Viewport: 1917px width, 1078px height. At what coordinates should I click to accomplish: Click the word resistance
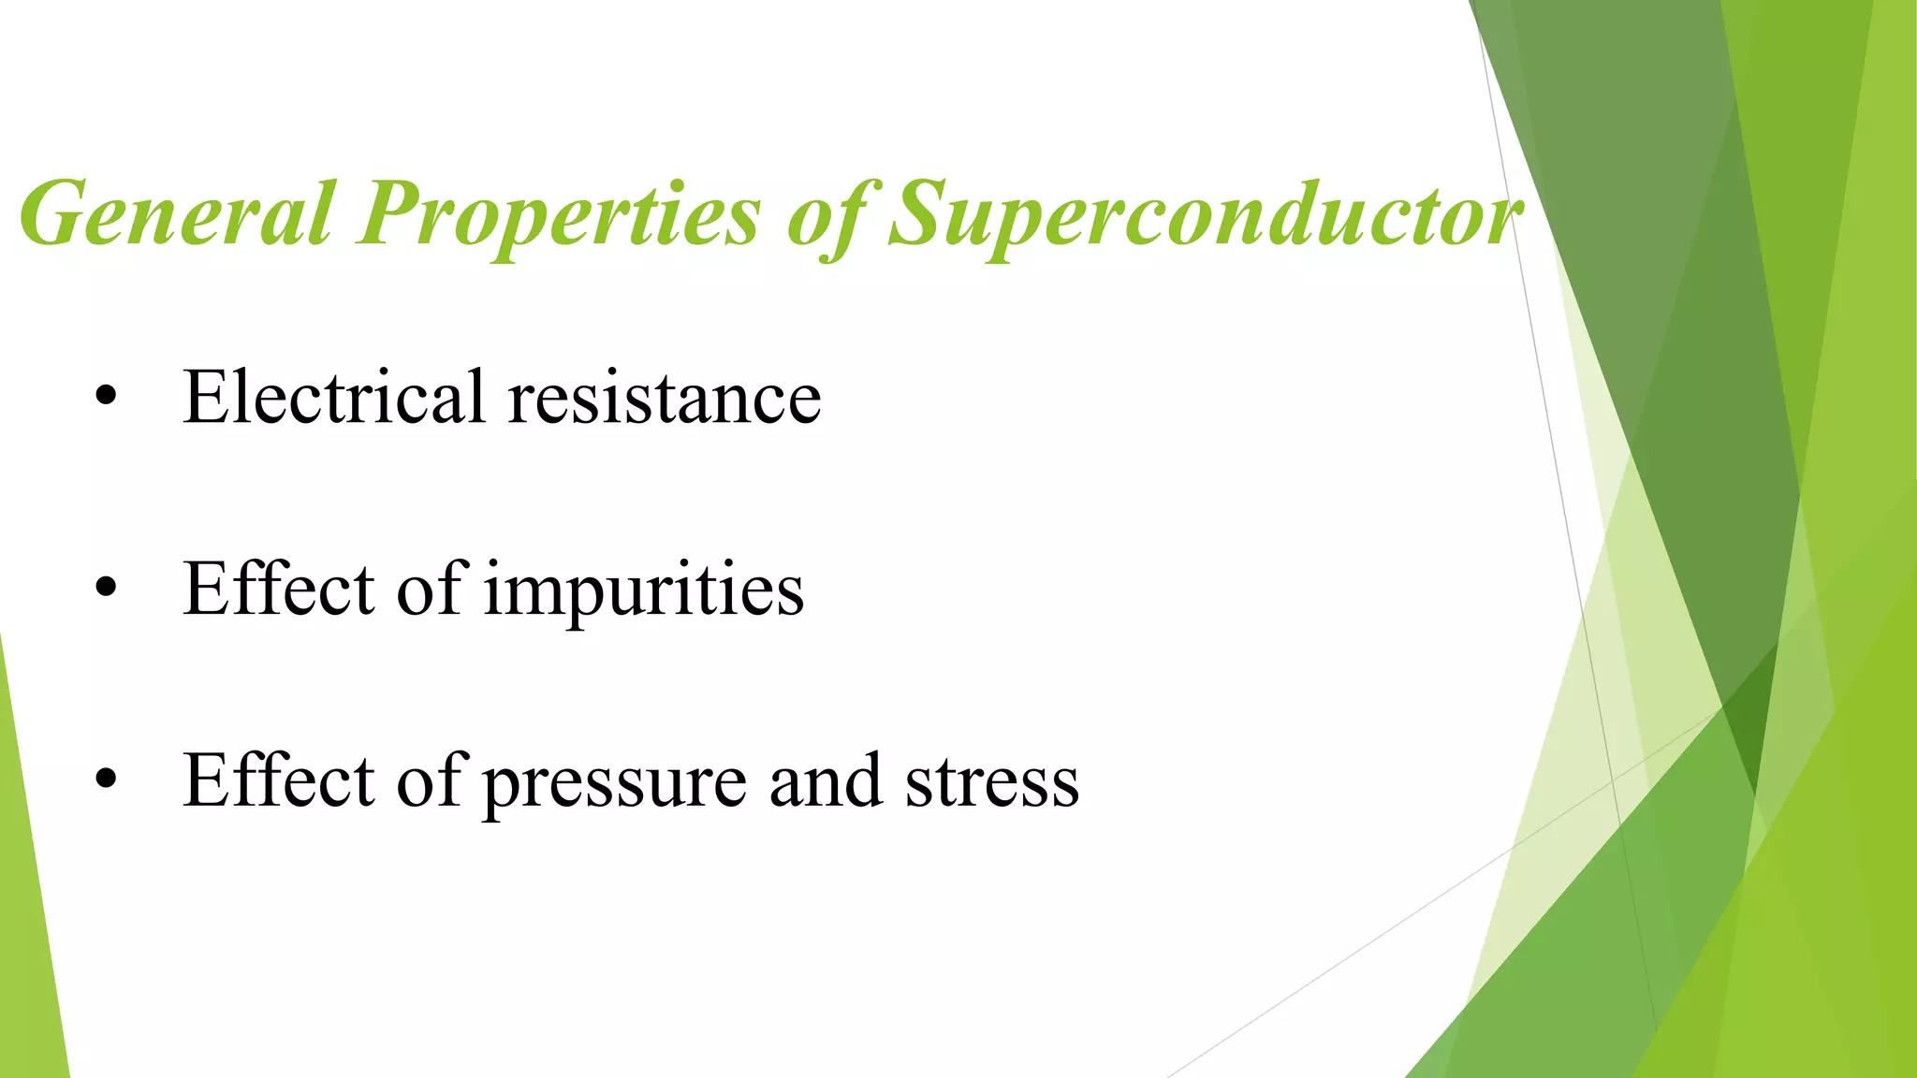click(x=665, y=399)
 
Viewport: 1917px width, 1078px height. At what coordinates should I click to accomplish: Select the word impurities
click(x=643, y=591)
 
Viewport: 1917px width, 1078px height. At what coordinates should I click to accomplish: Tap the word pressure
click(x=615, y=783)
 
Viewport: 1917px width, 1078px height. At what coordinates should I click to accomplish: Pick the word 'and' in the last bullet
click(x=825, y=781)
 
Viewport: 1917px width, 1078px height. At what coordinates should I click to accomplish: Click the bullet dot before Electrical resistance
click(x=107, y=397)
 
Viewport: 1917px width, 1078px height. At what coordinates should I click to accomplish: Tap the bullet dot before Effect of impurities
click(x=107, y=589)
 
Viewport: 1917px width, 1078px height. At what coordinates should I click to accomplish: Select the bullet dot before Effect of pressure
click(x=107, y=779)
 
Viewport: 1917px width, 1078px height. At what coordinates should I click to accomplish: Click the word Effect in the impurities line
click(x=279, y=589)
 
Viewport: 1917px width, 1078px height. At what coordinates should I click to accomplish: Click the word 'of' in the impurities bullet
click(x=432, y=589)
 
